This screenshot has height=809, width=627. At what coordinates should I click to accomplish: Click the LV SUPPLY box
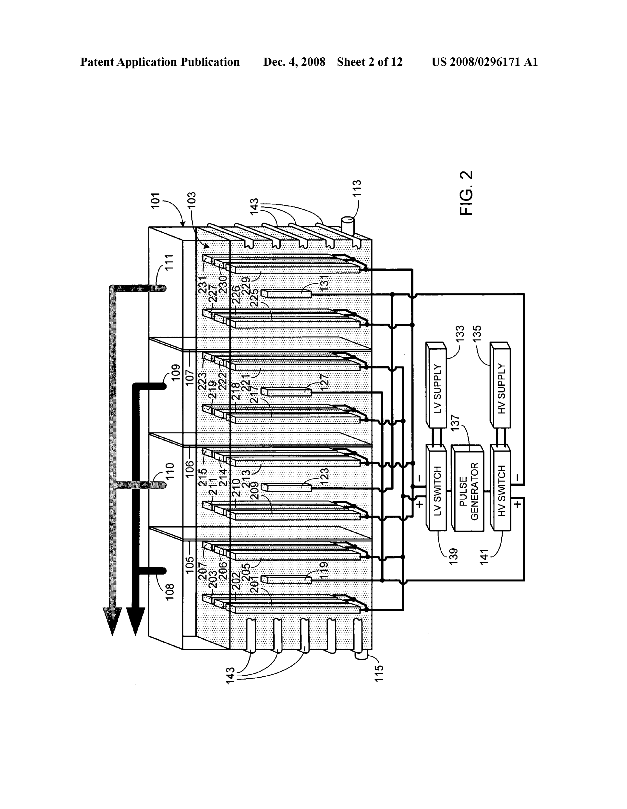437,385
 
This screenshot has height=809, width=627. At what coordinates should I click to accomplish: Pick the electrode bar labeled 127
286,392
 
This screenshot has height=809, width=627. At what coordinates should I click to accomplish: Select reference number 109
175,373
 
